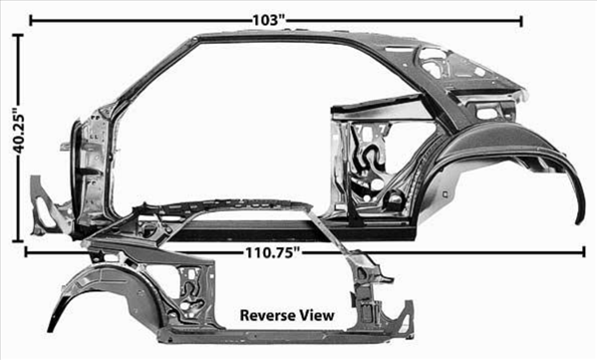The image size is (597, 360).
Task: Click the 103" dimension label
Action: tap(269, 21)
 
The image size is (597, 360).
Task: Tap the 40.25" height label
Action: tap(19, 133)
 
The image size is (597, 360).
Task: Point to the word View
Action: tap(317, 315)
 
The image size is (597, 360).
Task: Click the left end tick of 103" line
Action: tap(31, 21)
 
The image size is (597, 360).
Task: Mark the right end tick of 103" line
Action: tap(521, 21)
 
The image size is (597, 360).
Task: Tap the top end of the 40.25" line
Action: tap(18, 35)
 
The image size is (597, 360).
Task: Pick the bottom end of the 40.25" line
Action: tap(18, 240)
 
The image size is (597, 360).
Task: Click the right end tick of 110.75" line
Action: tap(584, 252)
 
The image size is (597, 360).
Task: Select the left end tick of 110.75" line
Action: tap(26, 252)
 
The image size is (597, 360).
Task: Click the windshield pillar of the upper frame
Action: tap(152, 73)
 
